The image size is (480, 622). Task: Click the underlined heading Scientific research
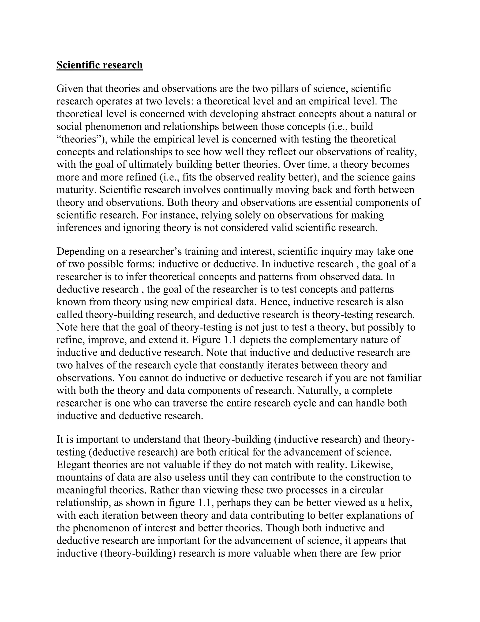100,65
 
